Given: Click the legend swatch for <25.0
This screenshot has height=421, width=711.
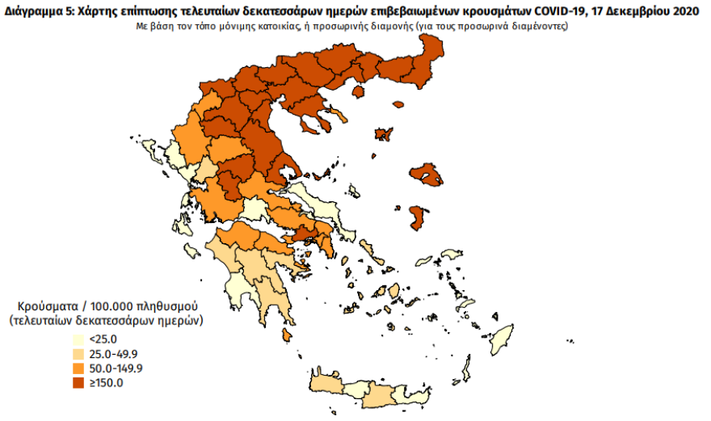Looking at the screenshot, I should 78,339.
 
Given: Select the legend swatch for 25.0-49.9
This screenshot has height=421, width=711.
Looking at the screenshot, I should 78,354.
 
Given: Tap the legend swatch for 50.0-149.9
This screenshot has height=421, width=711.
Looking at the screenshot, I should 78,368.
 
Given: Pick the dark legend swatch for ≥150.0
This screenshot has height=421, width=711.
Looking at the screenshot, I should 78,383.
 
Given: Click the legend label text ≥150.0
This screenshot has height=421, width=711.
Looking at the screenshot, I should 106,383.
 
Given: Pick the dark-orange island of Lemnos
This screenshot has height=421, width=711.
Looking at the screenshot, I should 383,134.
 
